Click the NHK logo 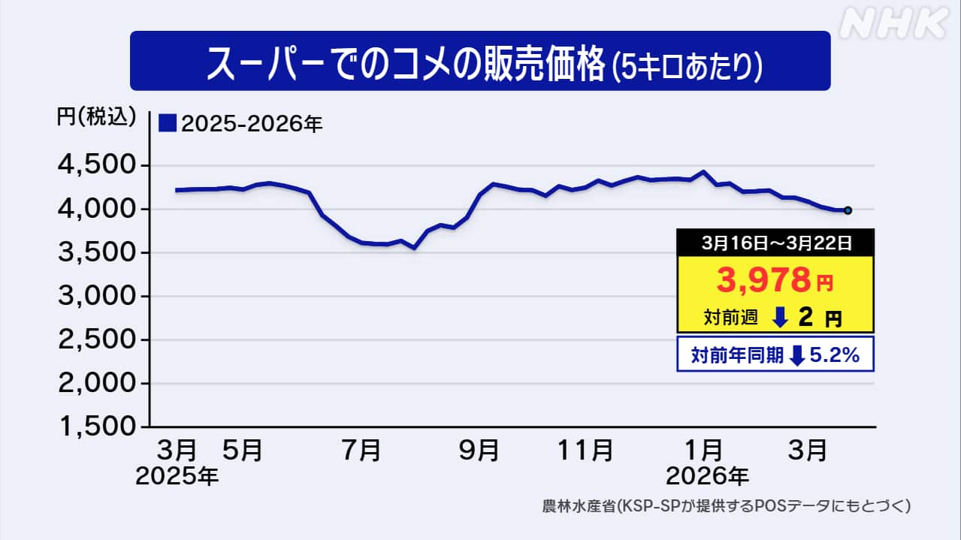(894, 23)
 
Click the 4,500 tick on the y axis (97, 164)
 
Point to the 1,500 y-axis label (98, 427)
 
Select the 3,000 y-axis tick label (97, 296)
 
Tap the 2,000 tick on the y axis (97, 382)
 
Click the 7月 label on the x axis (361, 451)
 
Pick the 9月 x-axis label (479, 451)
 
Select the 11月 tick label (585, 451)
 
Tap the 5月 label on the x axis (243, 451)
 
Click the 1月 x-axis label (703, 451)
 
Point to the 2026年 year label (708, 476)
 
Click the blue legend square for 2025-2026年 (168, 123)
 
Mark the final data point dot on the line (848, 210)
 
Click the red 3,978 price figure (763, 279)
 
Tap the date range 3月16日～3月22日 (776, 243)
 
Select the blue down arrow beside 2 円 (780, 318)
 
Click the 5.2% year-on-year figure (835, 355)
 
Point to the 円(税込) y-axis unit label (96, 116)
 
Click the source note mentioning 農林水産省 (726, 506)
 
